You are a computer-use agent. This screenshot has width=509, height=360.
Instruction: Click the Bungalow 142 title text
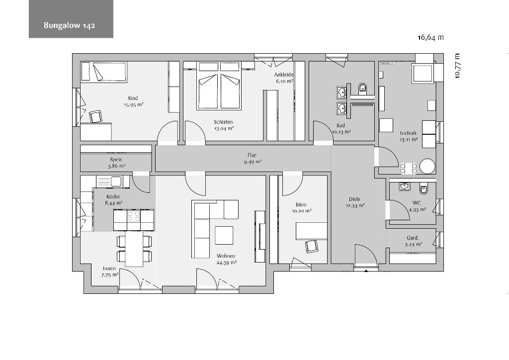[x=69, y=25]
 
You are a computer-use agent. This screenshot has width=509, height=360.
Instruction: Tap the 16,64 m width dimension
[x=430, y=37]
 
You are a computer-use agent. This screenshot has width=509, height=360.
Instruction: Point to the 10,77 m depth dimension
[x=457, y=66]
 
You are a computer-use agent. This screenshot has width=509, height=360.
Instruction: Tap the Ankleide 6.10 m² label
[x=284, y=78]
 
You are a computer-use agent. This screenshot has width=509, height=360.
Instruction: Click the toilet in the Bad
[x=362, y=88]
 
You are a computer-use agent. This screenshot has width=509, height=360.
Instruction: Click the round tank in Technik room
[x=427, y=166]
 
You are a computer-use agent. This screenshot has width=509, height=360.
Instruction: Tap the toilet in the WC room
[x=423, y=188]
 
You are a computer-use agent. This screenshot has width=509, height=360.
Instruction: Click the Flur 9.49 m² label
[x=252, y=158]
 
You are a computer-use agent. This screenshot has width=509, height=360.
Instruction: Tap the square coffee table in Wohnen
[x=224, y=235]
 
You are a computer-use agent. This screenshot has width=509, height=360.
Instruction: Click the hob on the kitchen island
[x=133, y=215]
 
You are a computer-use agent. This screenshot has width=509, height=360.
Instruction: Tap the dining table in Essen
[x=134, y=249]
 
